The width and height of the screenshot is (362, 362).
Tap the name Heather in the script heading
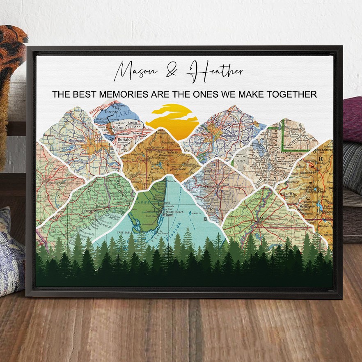click(x=215, y=72)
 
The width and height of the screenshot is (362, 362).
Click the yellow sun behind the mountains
click(x=172, y=119)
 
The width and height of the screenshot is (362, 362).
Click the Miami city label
click(x=167, y=215)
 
